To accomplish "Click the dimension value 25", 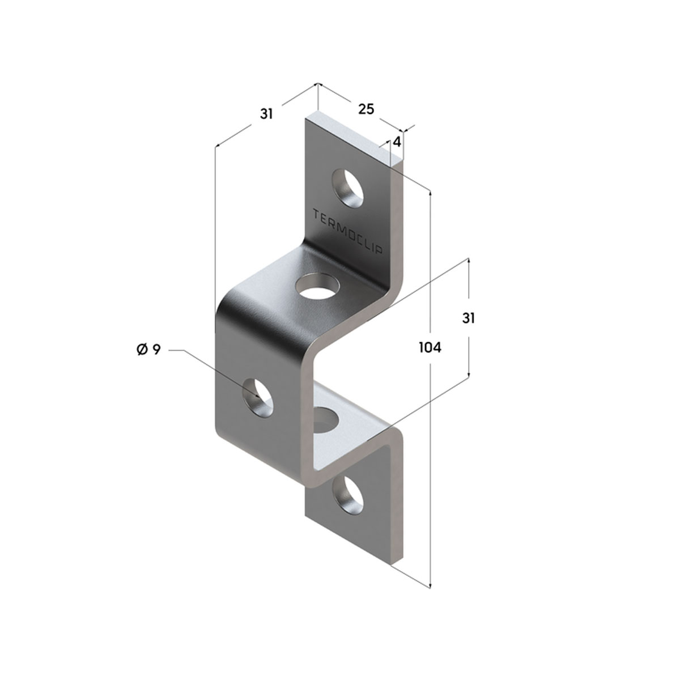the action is (x=365, y=109).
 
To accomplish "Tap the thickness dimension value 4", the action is (x=397, y=142).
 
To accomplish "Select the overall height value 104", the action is (x=430, y=348).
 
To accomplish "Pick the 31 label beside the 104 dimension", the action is (x=468, y=318).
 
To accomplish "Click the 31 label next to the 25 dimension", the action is (x=266, y=114).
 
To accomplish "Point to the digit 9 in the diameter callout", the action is (x=156, y=350).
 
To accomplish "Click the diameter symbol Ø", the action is (x=142, y=350).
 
